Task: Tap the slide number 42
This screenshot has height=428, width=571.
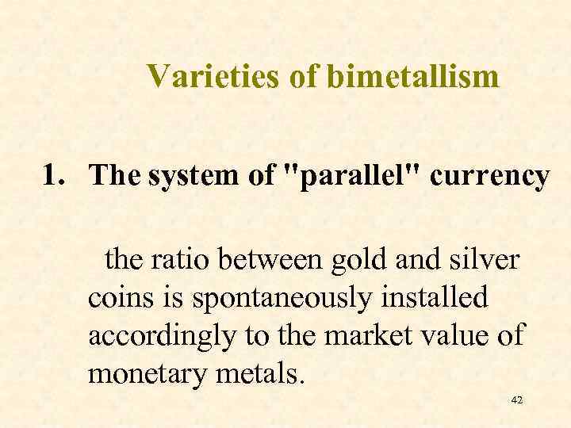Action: click(517, 401)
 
